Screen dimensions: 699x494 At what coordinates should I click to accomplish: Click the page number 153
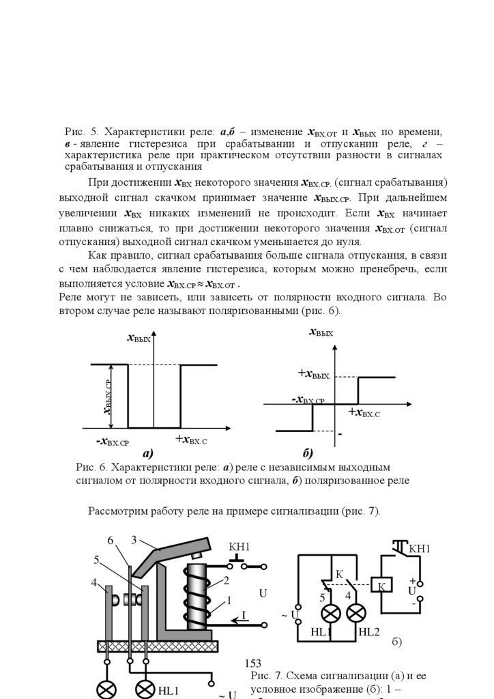pyautogui.click(x=252, y=664)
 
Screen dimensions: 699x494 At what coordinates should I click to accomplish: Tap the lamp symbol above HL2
pyautogui.click(x=355, y=612)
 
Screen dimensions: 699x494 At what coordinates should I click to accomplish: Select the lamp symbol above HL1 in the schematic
pyautogui.click(x=331, y=612)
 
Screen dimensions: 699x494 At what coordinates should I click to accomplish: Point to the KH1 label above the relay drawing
pyautogui.click(x=239, y=547)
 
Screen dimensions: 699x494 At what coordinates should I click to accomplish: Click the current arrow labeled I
pyautogui.click(x=242, y=616)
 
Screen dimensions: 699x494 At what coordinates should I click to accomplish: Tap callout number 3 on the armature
pyautogui.click(x=134, y=540)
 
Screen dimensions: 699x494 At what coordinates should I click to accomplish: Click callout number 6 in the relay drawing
pyautogui.click(x=111, y=541)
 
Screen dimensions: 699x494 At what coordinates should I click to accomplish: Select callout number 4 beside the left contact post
pyautogui.click(x=94, y=582)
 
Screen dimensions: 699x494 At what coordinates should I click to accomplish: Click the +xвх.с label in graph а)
pyautogui.click(x=190, y=440)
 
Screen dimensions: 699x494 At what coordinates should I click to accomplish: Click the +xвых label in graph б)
pyautogui.click(x=314, y=374)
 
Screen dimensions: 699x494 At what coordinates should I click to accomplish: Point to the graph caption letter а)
pyautogui.click(x=147, y=453)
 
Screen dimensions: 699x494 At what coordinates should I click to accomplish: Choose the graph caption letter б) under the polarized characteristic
pyautogui.click(x=307, y=453)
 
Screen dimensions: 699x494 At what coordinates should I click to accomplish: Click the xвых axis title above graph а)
pyautogui.click(x=139, y=338)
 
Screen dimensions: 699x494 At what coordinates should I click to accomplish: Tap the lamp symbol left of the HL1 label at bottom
pyautogui.click(x=145, y=689)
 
